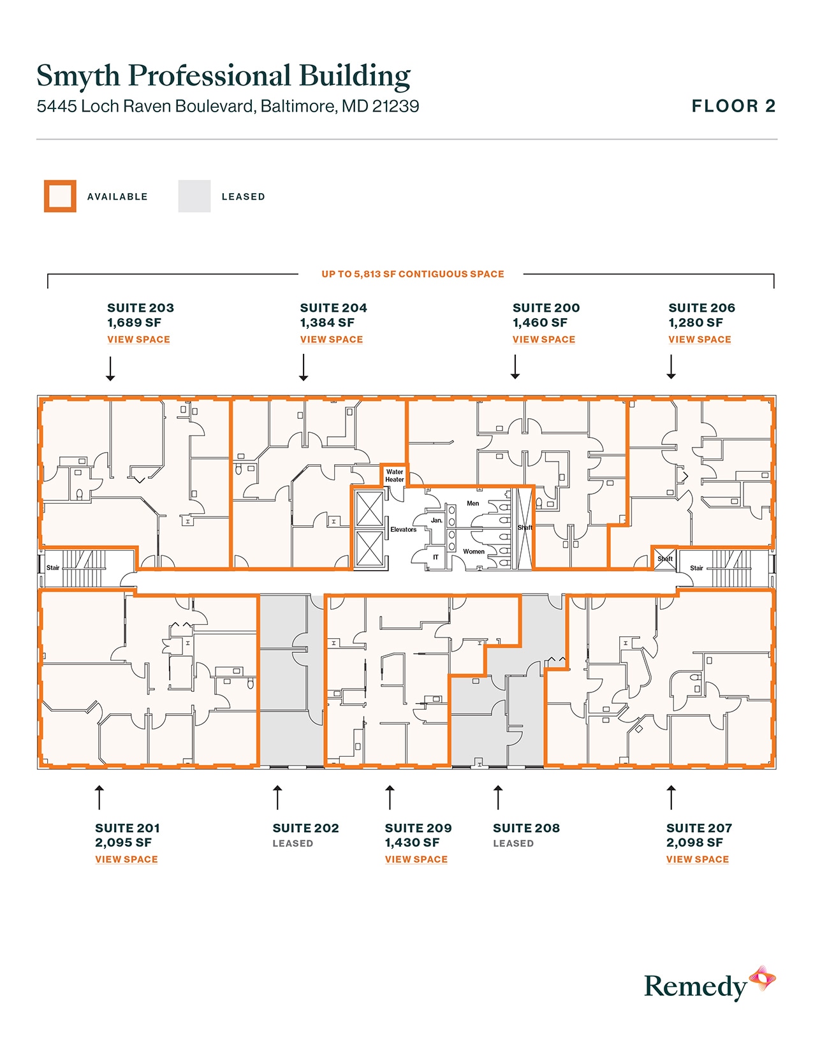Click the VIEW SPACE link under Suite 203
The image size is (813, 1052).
138,339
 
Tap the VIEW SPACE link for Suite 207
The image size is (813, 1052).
697,859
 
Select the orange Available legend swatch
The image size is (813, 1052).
60,196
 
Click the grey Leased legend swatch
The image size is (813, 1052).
194,196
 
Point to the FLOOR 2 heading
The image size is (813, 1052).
733,106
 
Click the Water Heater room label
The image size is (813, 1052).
394,476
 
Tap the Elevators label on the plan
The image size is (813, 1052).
403,530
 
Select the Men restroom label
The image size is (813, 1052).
472,504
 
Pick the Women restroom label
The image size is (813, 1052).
473,552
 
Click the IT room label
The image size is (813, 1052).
436,557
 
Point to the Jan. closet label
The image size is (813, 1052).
436,520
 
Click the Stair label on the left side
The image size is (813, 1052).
52,567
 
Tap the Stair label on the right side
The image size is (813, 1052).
696,568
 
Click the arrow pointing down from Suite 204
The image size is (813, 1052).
304,368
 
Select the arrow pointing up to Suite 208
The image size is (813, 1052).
498,798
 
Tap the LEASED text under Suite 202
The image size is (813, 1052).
293,844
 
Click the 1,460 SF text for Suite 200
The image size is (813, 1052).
539,323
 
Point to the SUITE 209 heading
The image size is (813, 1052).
418,828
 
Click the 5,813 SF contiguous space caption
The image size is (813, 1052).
413,274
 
